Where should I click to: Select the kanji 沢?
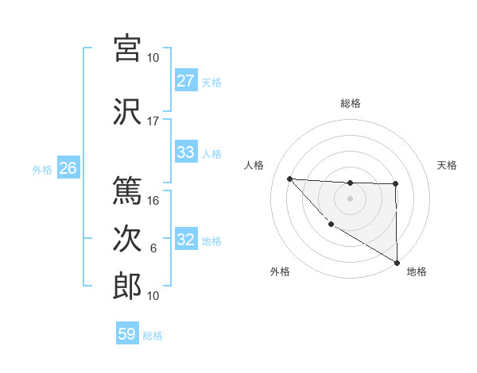128,112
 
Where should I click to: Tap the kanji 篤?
128,190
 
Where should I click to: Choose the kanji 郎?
128,286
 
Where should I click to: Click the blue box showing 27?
185,81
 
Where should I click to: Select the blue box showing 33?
185,152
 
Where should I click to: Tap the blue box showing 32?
185,240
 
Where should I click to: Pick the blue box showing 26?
68,168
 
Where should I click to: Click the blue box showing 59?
127,334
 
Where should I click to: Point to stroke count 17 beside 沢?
153,121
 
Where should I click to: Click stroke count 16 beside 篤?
153,201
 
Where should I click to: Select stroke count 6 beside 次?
153,248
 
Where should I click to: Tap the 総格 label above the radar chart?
350,103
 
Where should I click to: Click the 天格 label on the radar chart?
447,165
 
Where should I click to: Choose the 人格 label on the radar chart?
254,165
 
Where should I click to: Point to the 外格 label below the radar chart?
280,271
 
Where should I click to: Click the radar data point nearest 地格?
397,263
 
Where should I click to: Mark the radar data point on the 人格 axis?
289,179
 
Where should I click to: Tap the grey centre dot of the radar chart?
350,198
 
